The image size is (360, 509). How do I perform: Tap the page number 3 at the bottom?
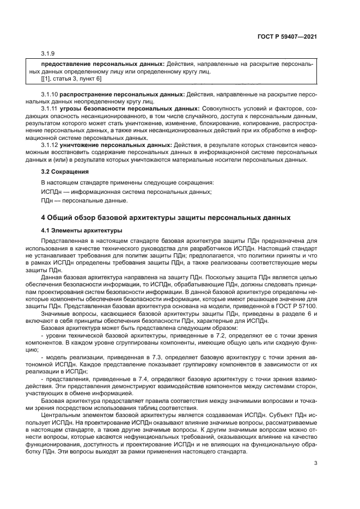click(315, 463)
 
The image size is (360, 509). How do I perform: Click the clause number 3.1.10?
click(52, 95)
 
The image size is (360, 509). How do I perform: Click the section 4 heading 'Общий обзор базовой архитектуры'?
click(166, 218)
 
